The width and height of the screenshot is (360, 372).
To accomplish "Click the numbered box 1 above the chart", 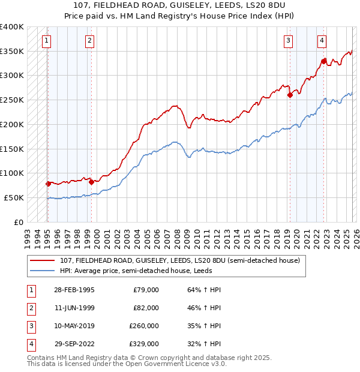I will coord(46,41).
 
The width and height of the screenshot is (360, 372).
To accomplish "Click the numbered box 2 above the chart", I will coord(89,41).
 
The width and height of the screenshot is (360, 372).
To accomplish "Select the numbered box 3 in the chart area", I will coord(288,41).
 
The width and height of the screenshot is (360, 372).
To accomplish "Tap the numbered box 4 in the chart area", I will coord(322,41).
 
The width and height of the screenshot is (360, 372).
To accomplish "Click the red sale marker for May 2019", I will coord(290,95).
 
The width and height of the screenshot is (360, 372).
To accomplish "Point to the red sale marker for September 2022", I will coord(323,61).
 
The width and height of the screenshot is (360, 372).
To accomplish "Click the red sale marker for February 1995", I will coord(49,184).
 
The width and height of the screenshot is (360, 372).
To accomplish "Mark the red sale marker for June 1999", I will coord(91,182).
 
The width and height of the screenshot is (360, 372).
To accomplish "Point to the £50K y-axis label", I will coord(14,197).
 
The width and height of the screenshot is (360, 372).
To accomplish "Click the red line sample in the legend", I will coord(42,260).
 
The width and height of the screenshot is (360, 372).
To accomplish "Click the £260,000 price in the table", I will coord(144,326).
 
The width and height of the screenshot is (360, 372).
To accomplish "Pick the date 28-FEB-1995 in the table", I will coord(73,290).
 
